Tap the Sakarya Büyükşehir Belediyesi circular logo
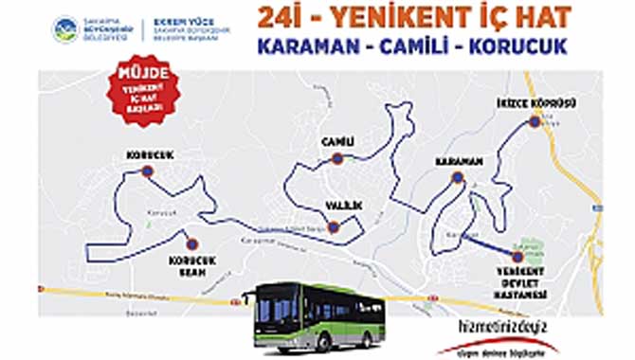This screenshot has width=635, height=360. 66,29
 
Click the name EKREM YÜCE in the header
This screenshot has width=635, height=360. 180,22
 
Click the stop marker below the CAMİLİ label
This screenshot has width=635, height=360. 337,159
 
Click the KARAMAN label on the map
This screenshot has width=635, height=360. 460,162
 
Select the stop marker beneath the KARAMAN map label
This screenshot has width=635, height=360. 459,178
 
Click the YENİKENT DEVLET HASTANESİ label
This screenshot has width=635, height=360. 517,282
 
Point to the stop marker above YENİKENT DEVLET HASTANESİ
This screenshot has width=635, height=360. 517,256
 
